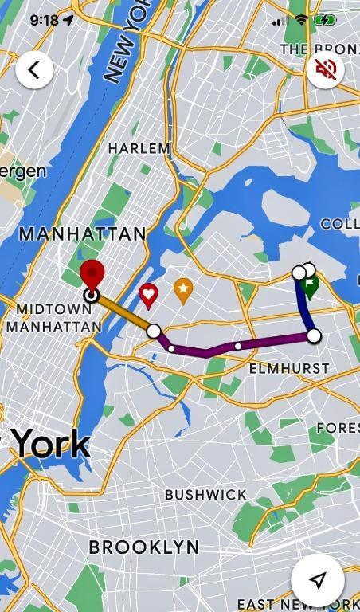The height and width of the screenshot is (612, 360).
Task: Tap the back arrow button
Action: point(33,69)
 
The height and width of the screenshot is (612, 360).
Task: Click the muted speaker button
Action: point(325,69)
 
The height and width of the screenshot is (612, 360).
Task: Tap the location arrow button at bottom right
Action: point(317,579)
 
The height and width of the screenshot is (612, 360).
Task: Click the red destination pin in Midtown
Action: point(92,274)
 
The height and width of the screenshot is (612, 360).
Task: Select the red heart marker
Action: point(148,295)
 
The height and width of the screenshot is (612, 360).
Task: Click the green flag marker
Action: point(311,284)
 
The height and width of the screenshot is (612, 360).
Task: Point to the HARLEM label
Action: point(139,148)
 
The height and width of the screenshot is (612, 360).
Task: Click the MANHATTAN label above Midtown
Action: point(83,233)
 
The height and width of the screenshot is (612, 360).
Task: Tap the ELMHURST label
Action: point(288,368)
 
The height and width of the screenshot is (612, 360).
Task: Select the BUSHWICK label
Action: point(205,494)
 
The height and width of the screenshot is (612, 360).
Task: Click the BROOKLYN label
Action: point(144,547)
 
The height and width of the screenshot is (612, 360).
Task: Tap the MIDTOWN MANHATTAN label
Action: point(53,317)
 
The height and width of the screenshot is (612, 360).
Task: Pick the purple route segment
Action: point(239,345)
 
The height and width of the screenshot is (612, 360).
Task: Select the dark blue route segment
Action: point(305,307)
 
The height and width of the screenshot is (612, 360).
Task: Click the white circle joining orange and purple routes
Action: point(154,331)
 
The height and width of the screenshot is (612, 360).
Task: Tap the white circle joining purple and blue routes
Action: point(314,335)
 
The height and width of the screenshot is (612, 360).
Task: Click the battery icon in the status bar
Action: point(325,20)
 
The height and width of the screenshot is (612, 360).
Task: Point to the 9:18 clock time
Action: point(45,20)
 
